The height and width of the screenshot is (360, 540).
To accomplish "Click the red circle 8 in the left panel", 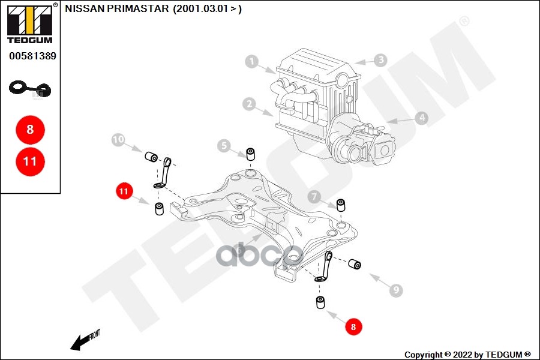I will click(x=30, y=129).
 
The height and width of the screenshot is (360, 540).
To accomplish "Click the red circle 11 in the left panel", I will click(x=30, y=161).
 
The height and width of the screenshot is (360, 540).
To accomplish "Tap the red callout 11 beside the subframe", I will click(x=124, y=192).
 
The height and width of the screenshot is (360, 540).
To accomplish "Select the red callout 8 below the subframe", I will click(x=353, y=327).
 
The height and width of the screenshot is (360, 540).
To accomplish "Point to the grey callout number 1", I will click(x=252, y=61).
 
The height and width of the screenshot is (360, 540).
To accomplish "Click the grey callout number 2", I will click(x=249, y=104).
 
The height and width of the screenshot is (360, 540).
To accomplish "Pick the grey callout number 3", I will click(x=380, y=60).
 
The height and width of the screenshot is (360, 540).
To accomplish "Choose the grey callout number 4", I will click(x=422, y=118).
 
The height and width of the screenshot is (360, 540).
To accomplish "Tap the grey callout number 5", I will click(x=224, y=145).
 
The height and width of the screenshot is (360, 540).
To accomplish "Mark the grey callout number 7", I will click(x=314, y=196).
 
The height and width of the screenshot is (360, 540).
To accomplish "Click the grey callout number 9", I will click(x=395, y=291).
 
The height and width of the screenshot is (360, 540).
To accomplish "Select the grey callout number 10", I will click(x=118, y=140).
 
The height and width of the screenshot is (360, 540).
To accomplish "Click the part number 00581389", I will click(x=32, y=56).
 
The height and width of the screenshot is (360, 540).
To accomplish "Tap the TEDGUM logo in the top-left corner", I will click(x=29, y=23).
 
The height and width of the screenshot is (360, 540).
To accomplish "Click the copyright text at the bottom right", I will click(x=467, y=354).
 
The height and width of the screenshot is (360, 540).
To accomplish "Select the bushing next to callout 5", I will click(x=251, y=153).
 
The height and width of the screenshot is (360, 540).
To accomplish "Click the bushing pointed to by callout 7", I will click(x=341, y=205).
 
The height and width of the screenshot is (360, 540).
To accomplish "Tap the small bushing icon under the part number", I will click(x=30, y=89).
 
